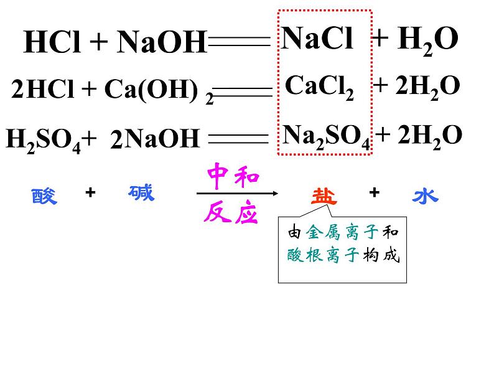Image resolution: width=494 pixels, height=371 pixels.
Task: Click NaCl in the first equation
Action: [x=317, y=39]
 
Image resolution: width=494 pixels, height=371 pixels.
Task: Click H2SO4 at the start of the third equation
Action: [x=43, y=139]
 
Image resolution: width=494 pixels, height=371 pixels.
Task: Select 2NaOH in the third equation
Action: [x=154, y=139]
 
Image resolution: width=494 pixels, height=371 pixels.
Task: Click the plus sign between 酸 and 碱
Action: [x=90, y=193]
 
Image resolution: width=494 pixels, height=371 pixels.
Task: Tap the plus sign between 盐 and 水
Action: [x=374, y=193]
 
